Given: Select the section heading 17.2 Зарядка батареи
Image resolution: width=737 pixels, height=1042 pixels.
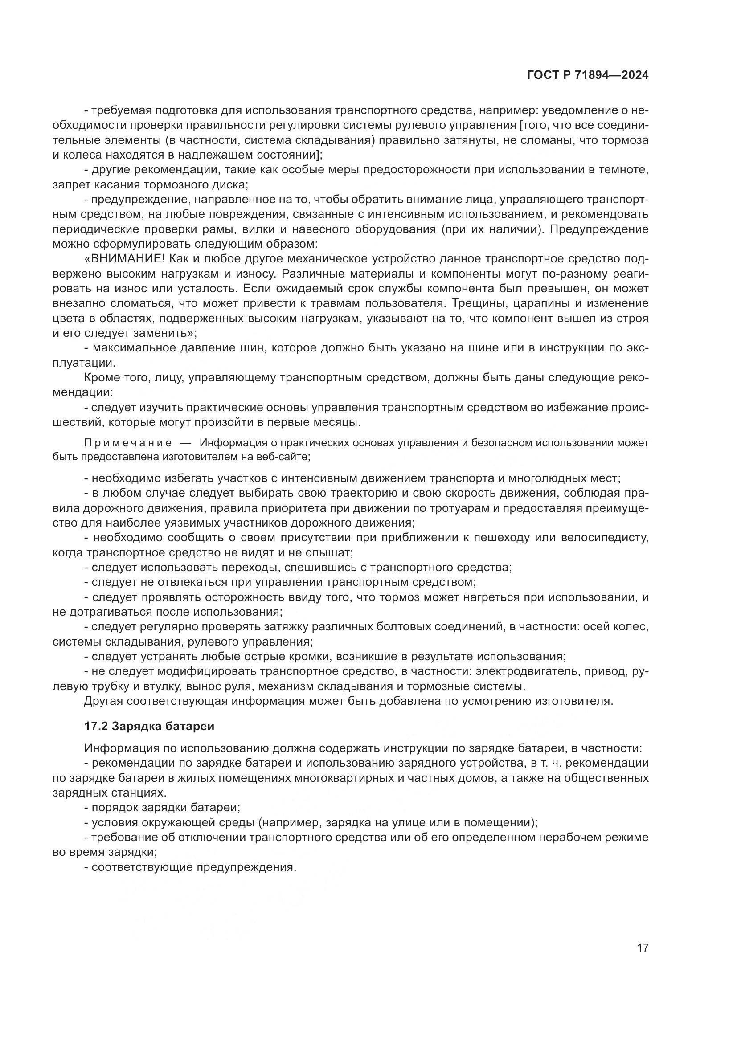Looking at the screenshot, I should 149,726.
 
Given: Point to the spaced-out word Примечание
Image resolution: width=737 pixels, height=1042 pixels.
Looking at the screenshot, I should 128,443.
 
